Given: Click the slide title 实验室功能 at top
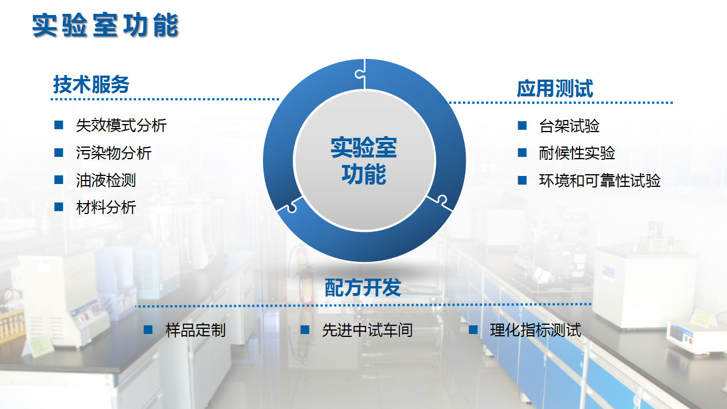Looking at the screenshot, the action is point(106,25).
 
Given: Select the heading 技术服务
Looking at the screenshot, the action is point(91,84).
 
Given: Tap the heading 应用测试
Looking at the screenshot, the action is point(555,88).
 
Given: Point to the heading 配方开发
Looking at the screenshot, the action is point(363,287).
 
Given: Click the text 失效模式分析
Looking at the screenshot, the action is point(121,125).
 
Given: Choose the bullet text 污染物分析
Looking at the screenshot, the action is point(114,153).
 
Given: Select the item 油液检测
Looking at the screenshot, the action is point(106,181).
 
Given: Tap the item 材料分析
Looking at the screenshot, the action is point(106,207).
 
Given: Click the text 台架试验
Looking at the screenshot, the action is point(569,126).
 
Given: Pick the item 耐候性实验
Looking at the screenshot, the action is point(577,153).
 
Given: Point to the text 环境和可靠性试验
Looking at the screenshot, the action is point(600,181).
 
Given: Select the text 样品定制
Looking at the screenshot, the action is point(195,330).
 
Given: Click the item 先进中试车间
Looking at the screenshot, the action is point(367,330).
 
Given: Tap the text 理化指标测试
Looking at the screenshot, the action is point(536,330).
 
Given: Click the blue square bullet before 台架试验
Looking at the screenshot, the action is point(522,125).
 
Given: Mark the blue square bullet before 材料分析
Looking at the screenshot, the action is point(59,207).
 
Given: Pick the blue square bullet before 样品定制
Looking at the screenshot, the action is point(148,330).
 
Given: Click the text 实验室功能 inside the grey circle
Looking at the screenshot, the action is point(364,161).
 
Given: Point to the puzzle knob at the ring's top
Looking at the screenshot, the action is point(359,74).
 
